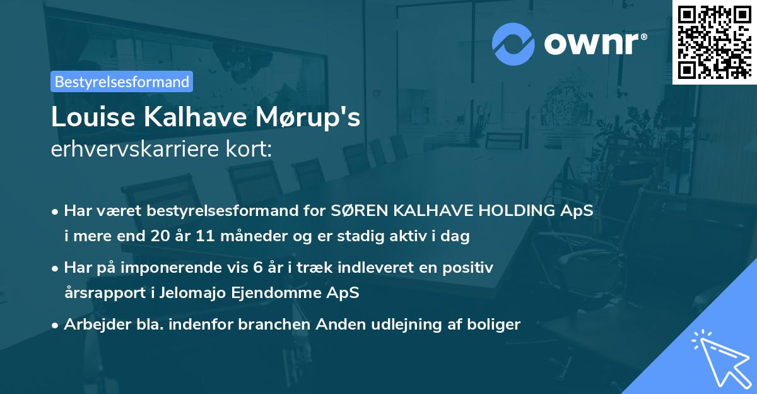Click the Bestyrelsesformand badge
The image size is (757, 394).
coord(122,81)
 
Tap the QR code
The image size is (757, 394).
coord(714,42)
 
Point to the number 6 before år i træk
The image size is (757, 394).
coord(256,268)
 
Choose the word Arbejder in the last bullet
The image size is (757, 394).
coord(91,325)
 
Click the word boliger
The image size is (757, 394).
coord(496,325)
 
